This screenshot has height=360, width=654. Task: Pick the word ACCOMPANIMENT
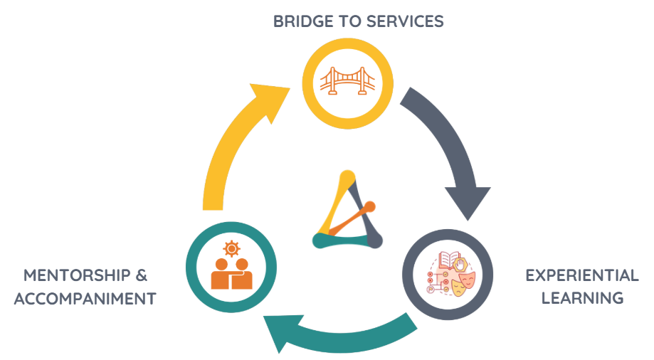pos(85,298)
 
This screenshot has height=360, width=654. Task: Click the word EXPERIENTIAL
pos(581,275)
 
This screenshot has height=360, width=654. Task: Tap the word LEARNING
pos(582,298)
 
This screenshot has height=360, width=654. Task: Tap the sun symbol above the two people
pos(231,249)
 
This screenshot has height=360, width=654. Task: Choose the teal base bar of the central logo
pos(340,241)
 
